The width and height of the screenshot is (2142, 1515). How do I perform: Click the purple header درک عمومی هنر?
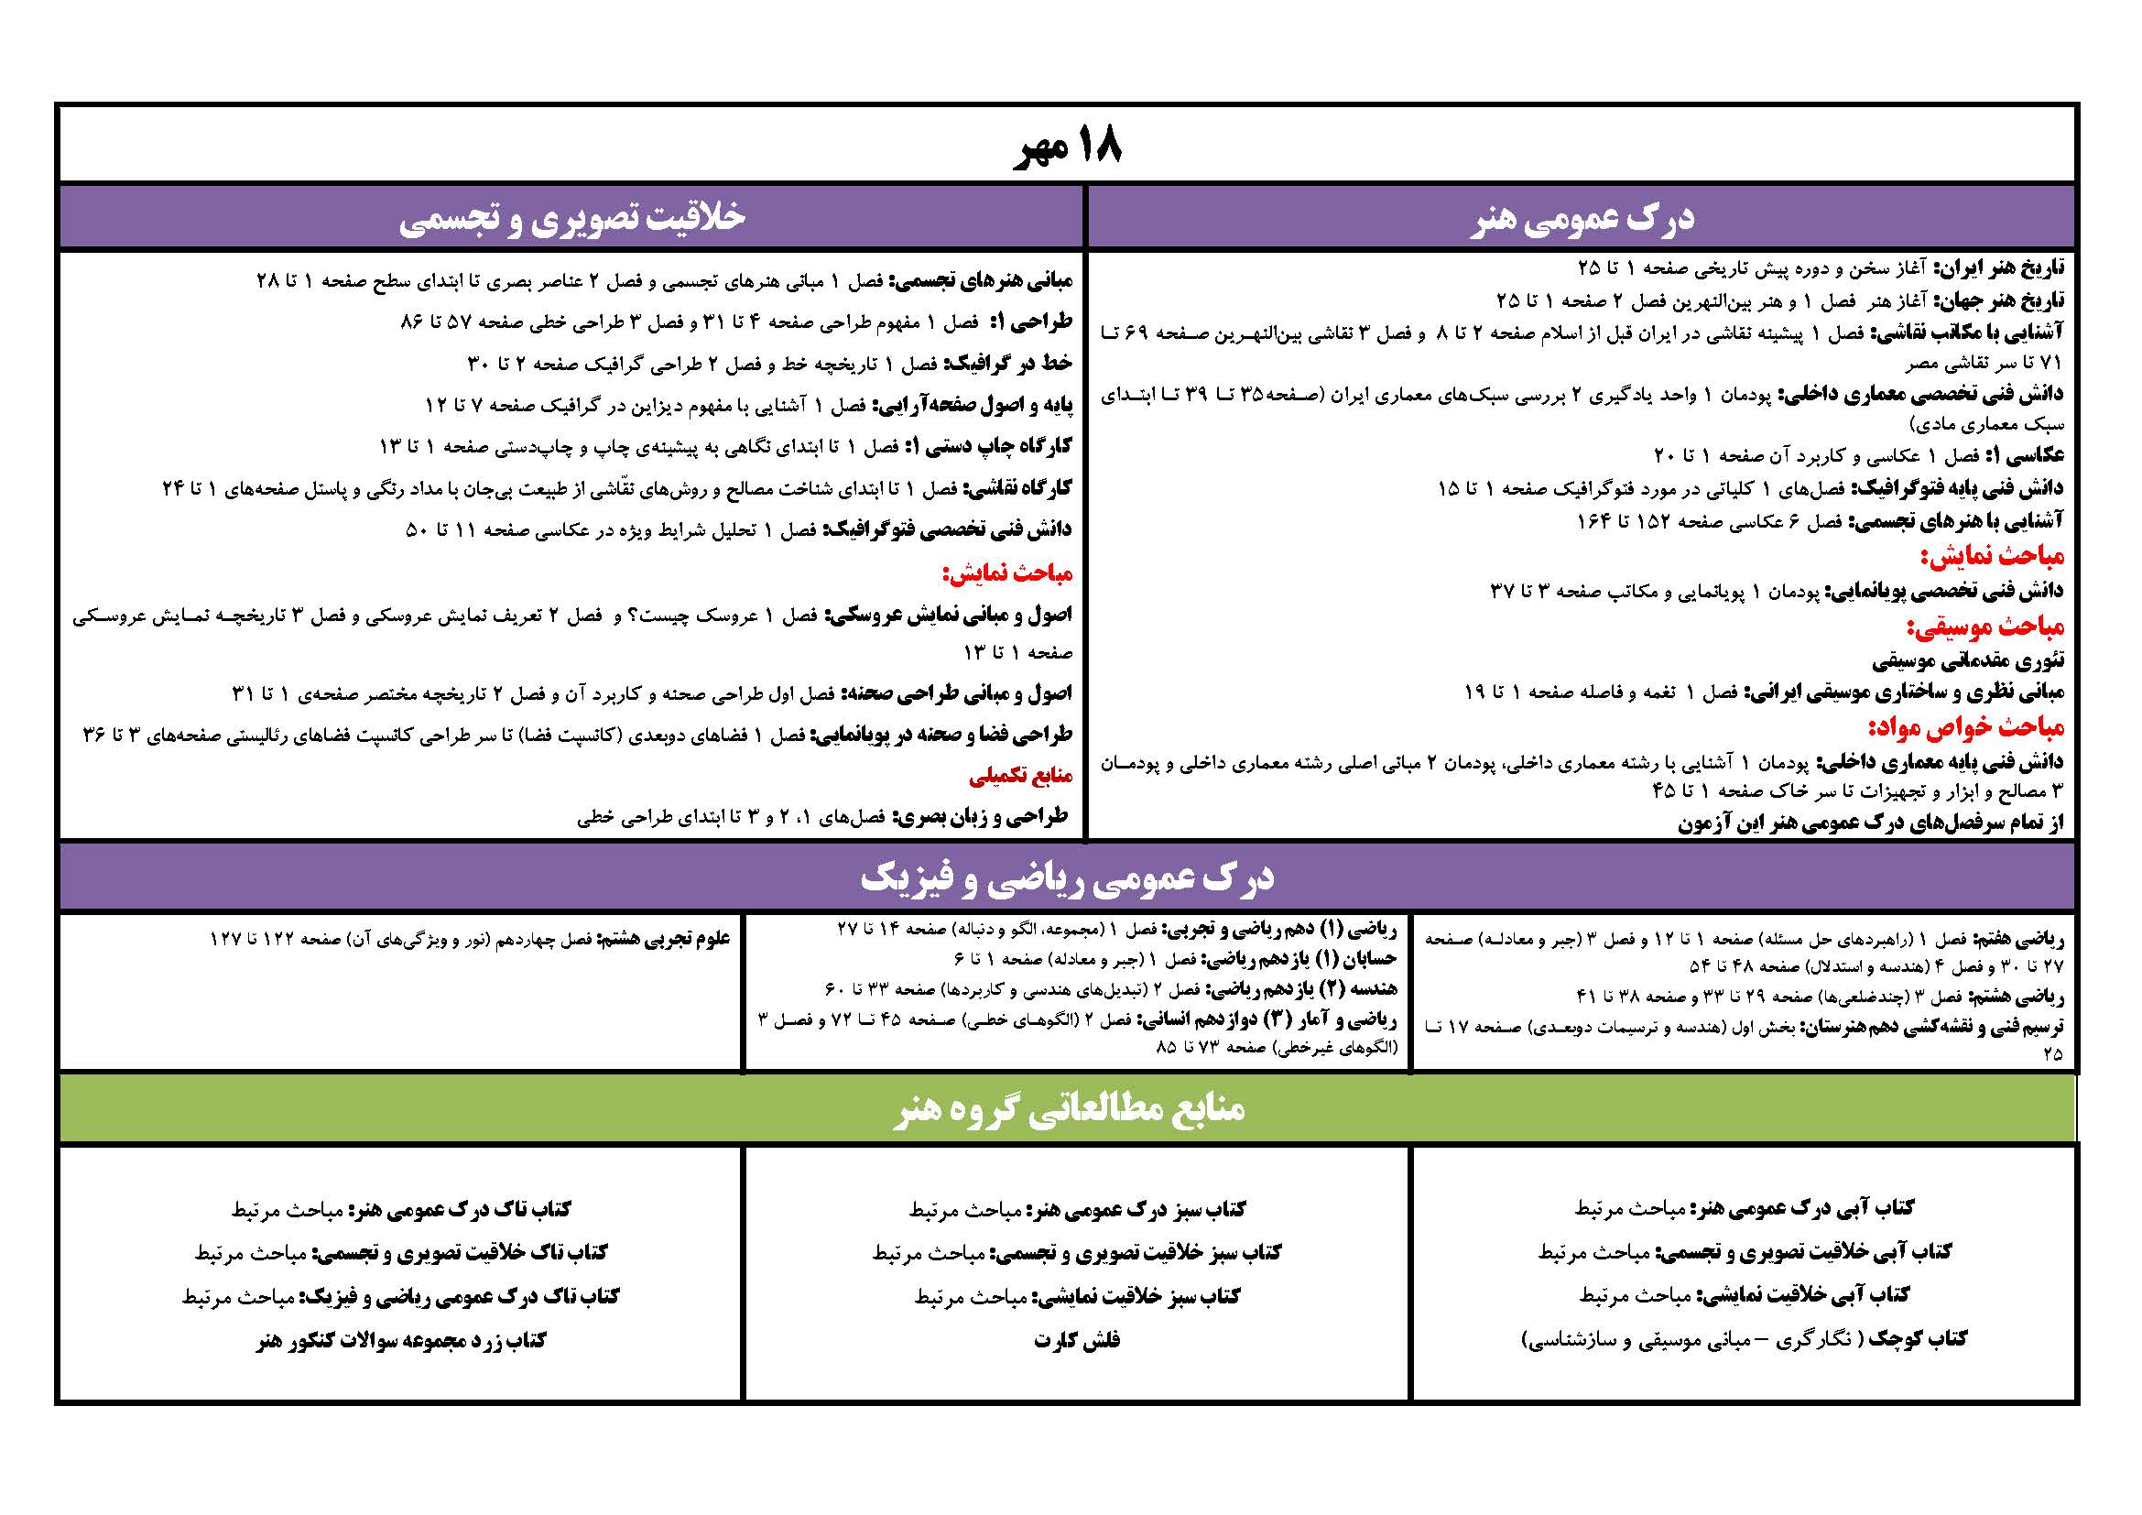[x=1581, y=218]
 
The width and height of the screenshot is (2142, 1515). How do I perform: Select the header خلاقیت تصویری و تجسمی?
[x=571, y=218]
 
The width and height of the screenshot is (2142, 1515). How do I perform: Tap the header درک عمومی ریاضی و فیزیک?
[x=1067, y=877]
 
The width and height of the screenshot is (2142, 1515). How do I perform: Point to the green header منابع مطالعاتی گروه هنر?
[x=1067, y=1109]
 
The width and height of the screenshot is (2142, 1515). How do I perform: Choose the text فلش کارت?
[x=1077, y=1341]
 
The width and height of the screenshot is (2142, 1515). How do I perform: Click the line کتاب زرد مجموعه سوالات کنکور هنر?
[x=401, y=1341]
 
